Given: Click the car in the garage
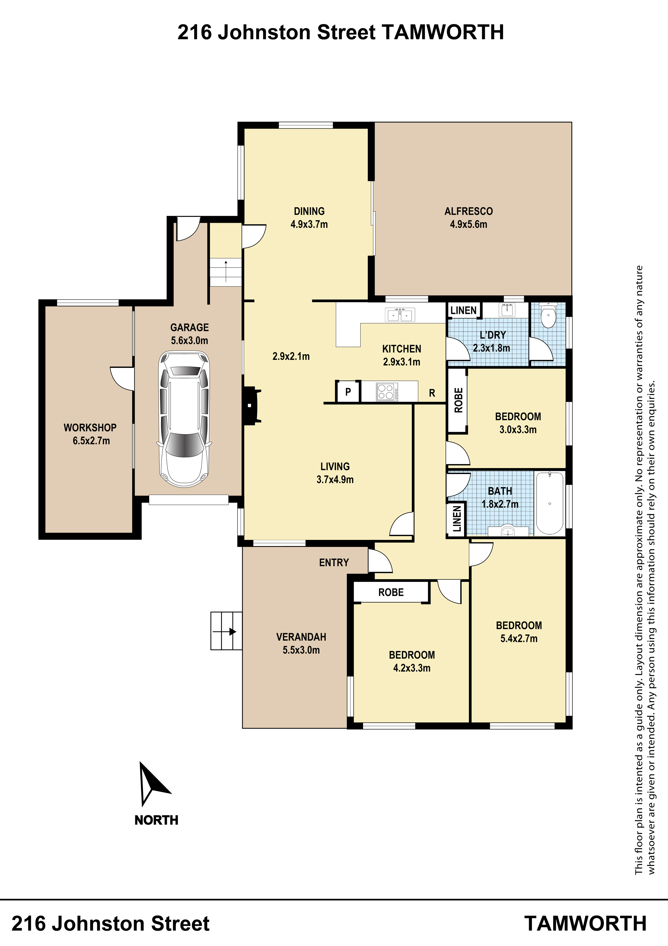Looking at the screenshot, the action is click(184, 419).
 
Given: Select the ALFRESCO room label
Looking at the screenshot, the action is click(468, 211).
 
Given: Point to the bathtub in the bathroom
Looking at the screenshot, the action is click(549, 503).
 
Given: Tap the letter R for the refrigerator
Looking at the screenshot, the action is click(432, 393).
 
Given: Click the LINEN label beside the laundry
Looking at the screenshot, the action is click(464, 310).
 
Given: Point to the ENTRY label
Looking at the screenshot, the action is click(334, 563).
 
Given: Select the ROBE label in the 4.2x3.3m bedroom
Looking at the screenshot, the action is click(391, 592).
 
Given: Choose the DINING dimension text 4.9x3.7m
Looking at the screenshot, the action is click(309, 225).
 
